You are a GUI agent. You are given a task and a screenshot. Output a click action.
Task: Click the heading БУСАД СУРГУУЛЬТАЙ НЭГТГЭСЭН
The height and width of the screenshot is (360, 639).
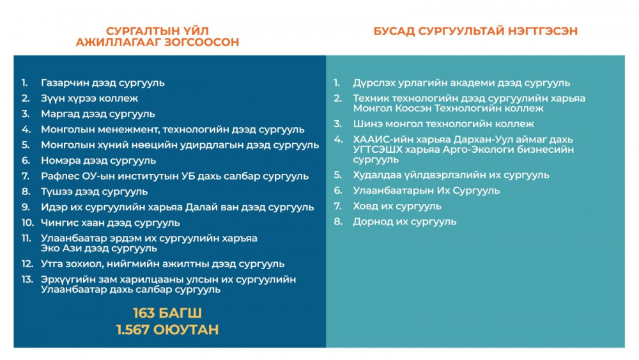point(475,31)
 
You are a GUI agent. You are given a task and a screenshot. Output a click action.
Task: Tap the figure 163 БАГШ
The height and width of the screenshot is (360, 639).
point(167,313)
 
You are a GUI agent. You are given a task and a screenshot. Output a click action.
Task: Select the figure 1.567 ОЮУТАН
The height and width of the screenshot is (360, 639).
point(167,329)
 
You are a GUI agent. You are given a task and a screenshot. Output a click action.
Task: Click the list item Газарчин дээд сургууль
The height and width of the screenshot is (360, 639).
point(103,83)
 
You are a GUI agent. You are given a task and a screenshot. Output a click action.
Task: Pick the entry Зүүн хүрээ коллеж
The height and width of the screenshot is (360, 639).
point(89,98)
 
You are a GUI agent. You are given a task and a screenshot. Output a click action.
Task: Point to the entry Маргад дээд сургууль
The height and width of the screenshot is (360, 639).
point(98,114)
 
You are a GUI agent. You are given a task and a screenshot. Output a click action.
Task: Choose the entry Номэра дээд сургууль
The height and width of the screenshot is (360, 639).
point(98,160)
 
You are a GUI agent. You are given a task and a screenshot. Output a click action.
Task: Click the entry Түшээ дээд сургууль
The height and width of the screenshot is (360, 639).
point(94,192)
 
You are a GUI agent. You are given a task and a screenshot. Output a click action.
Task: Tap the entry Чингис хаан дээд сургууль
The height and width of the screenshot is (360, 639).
point(110,223)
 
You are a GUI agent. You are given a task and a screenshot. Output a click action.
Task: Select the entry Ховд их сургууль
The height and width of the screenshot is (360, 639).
point(397,207)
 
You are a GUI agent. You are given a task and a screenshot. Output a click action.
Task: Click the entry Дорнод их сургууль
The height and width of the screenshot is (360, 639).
point(404,222)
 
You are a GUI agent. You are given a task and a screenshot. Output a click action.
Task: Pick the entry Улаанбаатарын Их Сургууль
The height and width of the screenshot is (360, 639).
point(426,191)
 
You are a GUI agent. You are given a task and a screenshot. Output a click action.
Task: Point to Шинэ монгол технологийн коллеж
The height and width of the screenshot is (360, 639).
point(443,124)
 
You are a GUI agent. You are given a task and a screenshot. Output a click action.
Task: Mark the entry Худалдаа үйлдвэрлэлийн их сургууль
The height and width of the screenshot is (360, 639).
point(451,175)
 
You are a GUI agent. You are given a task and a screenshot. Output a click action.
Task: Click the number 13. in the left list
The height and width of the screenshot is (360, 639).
point(27,279)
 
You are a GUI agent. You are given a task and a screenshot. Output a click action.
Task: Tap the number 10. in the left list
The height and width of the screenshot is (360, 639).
point(27,223)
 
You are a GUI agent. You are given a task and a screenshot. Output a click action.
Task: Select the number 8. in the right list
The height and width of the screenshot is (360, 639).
point(338,222)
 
